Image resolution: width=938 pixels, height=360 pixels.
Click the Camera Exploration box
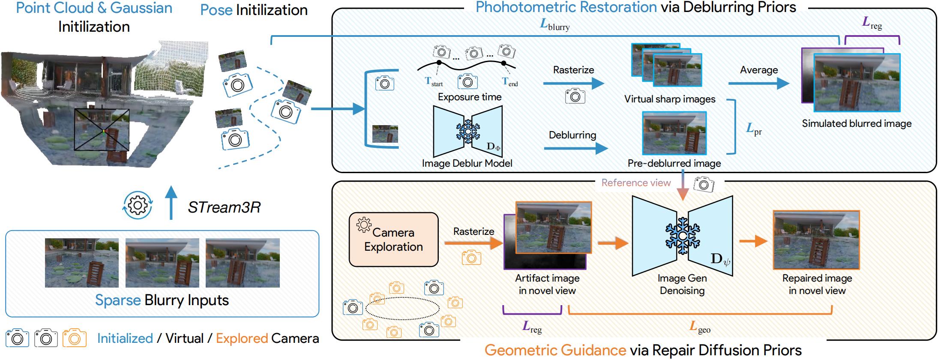tap(393, 240)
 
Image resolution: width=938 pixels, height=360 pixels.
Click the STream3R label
tap(224, 207)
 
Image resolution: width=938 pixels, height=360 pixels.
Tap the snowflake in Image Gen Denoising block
tap(682, 236)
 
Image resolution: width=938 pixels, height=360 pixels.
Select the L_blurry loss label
tap(554, 25)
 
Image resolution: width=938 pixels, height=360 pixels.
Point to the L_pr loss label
tap(754, 129)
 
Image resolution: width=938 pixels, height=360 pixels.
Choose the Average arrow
tap(758, 83)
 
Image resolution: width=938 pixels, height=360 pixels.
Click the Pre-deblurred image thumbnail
tap(674, 133)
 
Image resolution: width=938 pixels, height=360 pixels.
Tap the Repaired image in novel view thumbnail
tap(816, 240)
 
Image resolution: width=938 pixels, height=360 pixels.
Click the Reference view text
tap(635, 183)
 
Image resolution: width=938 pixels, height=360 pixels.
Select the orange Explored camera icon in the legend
tap(74, 338)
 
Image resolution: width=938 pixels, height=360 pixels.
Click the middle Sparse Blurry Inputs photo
tap(162, 263)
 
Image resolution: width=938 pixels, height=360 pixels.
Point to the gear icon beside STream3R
tap(138, 206)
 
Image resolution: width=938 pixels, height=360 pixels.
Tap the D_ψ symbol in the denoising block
tap(720, 259)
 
